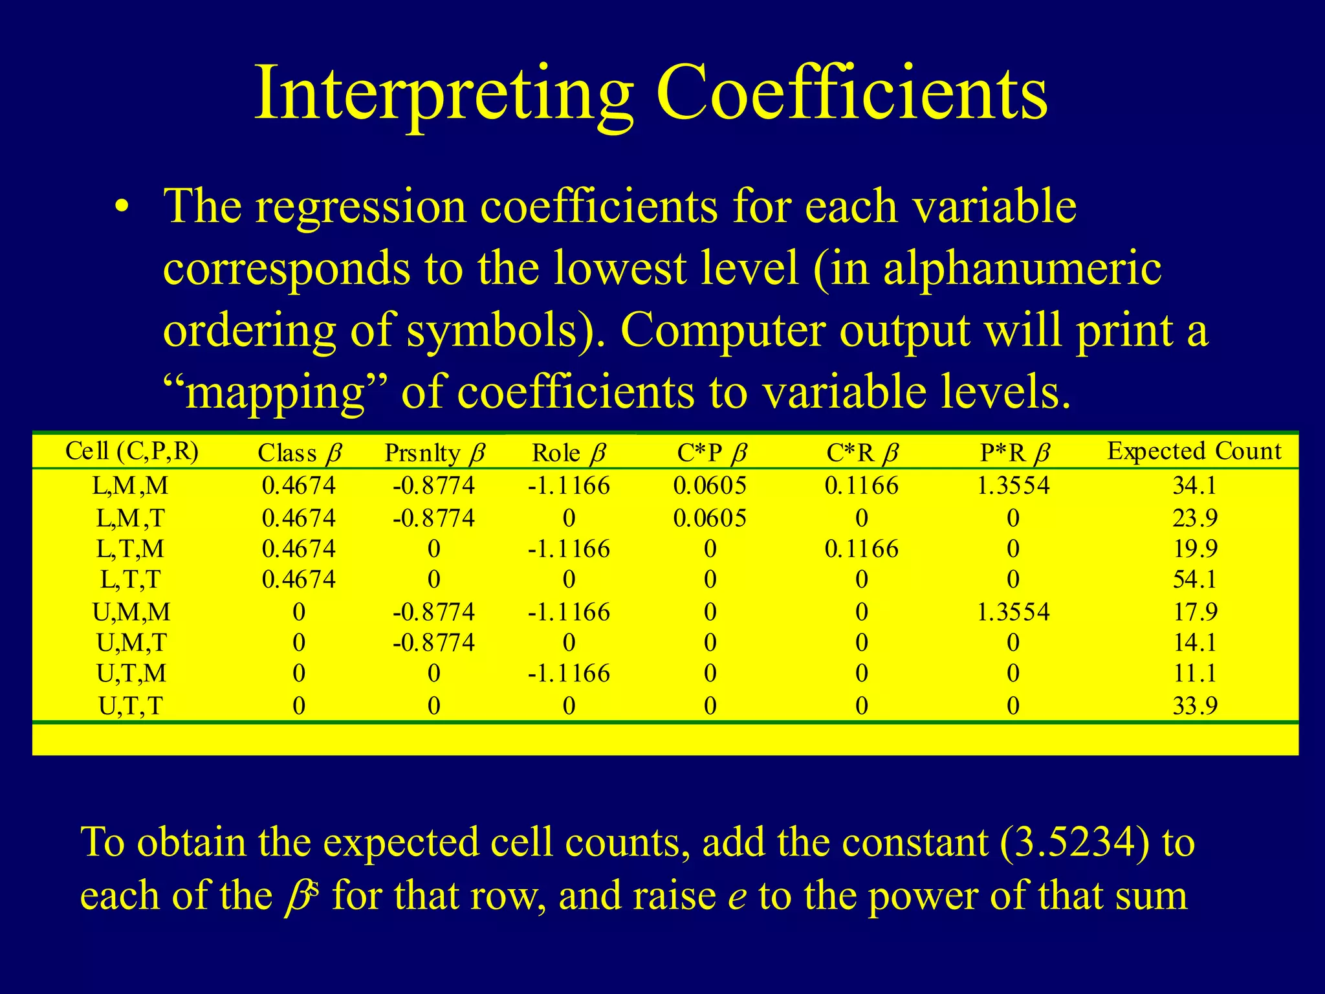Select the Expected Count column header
1194,451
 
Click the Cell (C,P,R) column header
132,451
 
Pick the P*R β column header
1014,453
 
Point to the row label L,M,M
131,485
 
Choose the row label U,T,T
131,705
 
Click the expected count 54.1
1195,579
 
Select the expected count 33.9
1195,705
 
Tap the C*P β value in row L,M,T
710,518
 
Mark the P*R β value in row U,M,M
1013,612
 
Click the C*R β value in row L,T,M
861,549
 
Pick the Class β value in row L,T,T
299,579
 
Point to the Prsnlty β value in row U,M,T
433,643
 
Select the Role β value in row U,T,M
569,674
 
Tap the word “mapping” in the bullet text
275,392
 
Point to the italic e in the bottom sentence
737,898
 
